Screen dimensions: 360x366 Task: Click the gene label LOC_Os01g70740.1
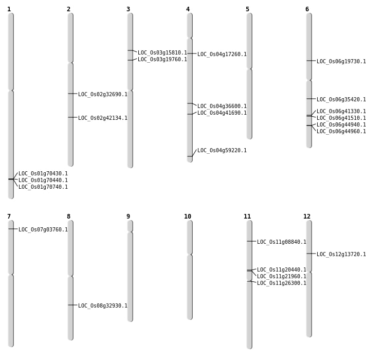(43, 187)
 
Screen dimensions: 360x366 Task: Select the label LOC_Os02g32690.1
(103, 95)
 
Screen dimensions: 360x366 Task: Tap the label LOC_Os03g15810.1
(162, 53)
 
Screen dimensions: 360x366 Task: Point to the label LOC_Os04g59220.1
(222, 151)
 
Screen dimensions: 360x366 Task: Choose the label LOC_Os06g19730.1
(341, 62)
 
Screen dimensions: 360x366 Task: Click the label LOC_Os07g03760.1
(43, 230)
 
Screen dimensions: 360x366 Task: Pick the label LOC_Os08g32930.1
(103, 306)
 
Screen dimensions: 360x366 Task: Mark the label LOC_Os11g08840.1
(282, 242)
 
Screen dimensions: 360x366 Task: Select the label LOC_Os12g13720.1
(341, 255)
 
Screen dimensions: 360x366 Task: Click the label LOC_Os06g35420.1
(341, 100)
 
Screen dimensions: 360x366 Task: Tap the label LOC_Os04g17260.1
(222, 55)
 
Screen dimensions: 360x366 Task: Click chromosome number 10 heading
(188, 217)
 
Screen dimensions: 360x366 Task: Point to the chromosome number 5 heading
(247, 9)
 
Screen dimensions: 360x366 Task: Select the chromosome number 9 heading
(128, 217)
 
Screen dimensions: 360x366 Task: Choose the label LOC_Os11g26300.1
(282, 283)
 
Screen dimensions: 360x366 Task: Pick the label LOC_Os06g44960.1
(341, 132)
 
